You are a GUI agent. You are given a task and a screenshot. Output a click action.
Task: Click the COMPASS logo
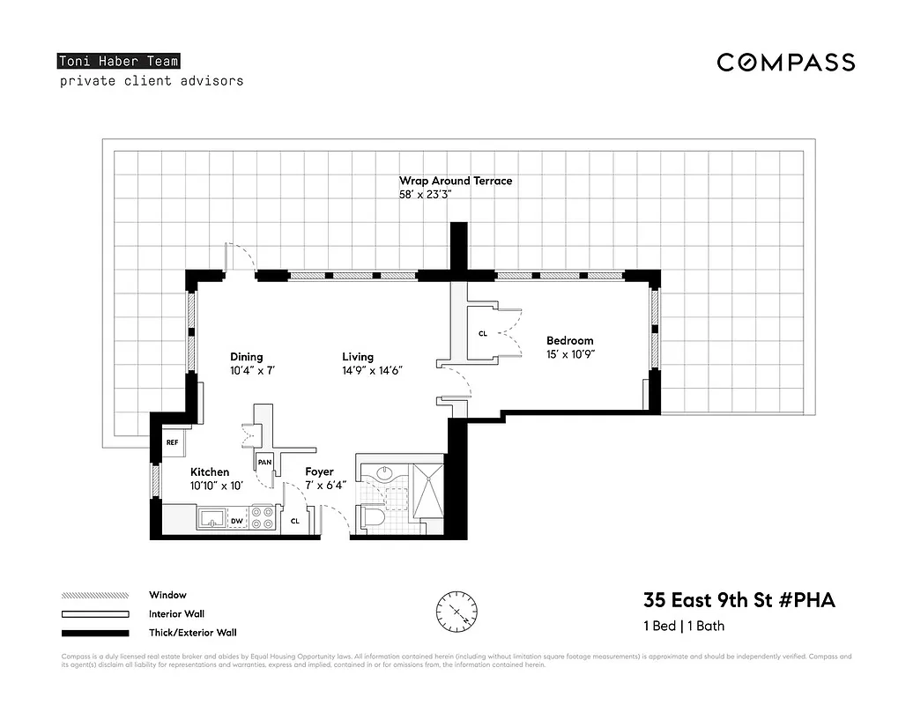[x=785, y=62]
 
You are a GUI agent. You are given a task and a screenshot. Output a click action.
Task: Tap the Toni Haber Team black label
[x=119, y=61]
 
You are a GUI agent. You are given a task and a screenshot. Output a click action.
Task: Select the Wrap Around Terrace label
[x=455, y=181]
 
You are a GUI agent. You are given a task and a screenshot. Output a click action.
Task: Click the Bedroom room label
[x=569, y=340]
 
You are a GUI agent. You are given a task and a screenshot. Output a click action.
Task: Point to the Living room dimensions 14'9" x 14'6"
[x=372, y=371]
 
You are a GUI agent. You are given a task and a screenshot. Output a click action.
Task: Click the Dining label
[x=247, y=357]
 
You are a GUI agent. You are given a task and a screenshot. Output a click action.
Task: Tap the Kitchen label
[x=210, y=472]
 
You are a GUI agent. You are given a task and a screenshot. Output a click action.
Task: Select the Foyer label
[x=319, y=471]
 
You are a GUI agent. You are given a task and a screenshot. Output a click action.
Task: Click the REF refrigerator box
[x=172, y=442]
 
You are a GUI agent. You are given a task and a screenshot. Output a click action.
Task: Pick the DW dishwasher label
[x=236, y=522]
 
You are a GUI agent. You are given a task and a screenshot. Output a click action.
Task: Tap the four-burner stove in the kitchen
[x=262, y=517]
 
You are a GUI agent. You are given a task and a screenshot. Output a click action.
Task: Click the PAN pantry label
[x=264, y=462]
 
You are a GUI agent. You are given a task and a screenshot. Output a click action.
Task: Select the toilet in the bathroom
[x=372, y=518]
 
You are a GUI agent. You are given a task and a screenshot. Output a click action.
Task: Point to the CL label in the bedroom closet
[x=482, y=334]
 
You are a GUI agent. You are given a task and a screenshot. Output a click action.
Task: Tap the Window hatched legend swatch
[x=95, y=596]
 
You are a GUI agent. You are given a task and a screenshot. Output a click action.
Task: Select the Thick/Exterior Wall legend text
[x=192, y=632]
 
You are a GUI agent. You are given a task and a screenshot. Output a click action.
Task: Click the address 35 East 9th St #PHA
[x=739, y=601]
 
